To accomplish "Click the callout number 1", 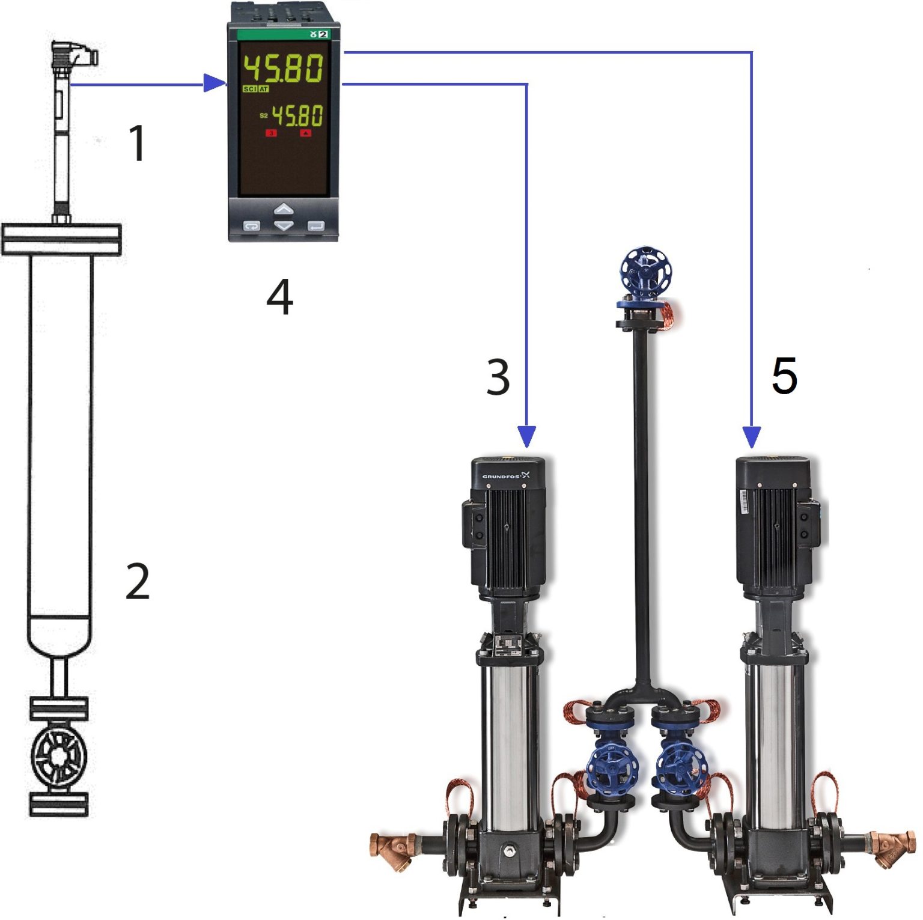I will pos(138,143).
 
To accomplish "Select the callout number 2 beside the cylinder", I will pos(138,581).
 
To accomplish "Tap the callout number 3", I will pos(498,377).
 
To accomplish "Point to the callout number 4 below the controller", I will pos(280,297).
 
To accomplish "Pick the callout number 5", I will pos(784,376).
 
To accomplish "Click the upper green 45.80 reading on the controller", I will pos(283,67).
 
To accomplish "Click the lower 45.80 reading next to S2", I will pos(297,115).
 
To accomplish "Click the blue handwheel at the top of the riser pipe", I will pos(645,272).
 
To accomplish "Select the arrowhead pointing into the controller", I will pos(214,84).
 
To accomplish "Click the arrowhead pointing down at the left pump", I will pos(526,436).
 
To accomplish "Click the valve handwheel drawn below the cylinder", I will pos(59,756).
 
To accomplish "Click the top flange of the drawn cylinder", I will pos(61,239).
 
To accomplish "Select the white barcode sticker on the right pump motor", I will pos(745,501).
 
